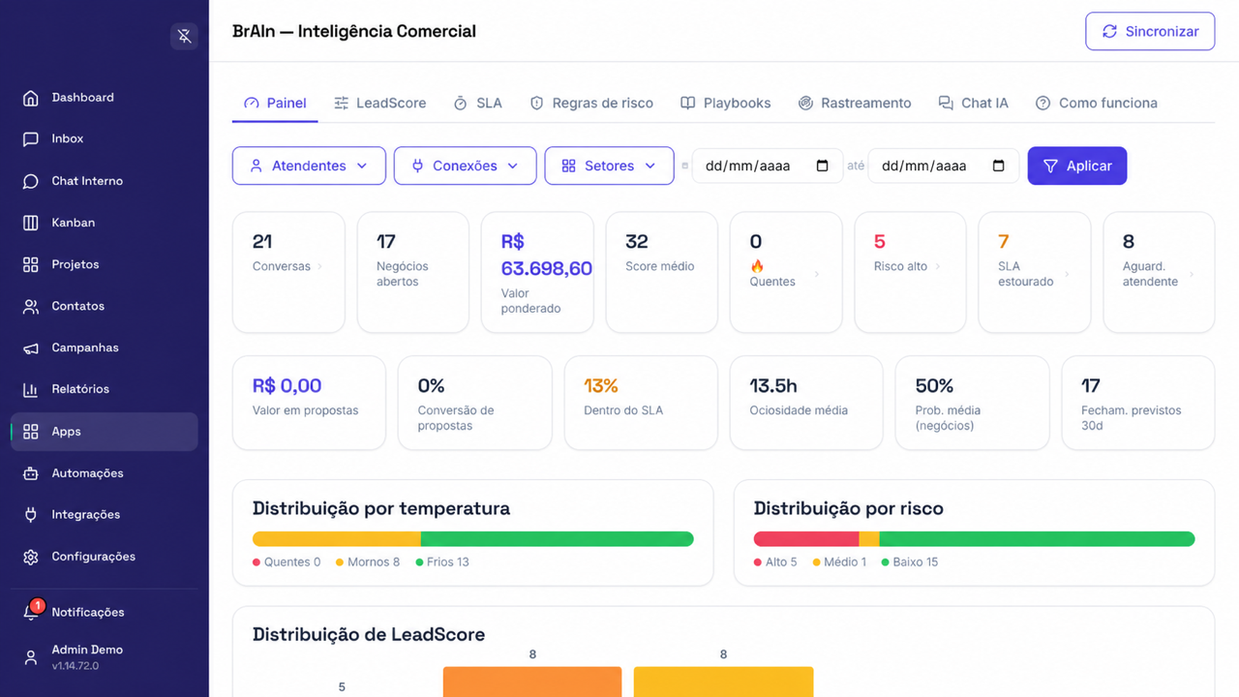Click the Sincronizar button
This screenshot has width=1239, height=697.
click(x=1150, y=31)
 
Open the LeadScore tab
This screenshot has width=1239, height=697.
click(x=380, y=103)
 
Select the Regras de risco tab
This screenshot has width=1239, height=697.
click(x=591, y=103)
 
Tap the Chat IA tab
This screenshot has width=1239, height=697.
click(x=974, y=103)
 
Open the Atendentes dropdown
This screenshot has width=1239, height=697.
click(x=309, y=166)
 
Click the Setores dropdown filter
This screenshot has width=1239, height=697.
click(x=609, y=166)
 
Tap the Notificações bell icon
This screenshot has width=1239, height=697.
click(x=31, y=612)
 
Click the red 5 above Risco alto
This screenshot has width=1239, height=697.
click(x=880, y=241)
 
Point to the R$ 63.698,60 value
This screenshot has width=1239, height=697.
click(x=546, y=255)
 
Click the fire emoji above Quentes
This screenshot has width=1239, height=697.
click(x=757, y=266)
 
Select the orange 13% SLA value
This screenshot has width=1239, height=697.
click(x=601, y=385)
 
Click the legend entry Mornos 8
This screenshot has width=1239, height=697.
click(x=368, y=562)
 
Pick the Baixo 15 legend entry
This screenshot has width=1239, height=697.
click(x=909, y=562)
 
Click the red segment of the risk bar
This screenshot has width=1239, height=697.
click(x=806, y=539)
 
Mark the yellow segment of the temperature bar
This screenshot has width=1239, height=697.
click(x=336, y=539)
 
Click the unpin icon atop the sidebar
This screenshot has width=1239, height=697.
click(x=184, y=36)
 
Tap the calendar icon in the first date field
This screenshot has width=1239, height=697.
click(x=823, y=166)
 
